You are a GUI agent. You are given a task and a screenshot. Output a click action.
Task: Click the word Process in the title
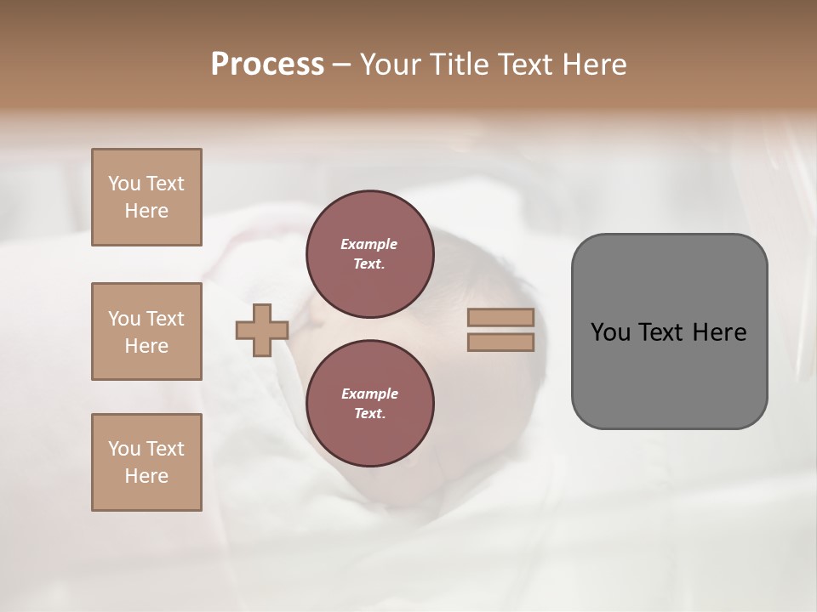tap(267, 65)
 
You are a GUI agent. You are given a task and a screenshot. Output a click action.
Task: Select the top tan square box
tap(146, 197)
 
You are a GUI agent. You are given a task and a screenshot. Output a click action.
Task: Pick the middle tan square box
tap(146, 331)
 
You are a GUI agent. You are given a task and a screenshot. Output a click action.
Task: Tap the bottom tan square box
tap(146, 462)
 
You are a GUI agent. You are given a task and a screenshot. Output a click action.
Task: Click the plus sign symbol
tap(262, 330)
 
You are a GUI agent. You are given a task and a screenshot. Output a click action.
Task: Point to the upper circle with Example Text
tap(369, 254)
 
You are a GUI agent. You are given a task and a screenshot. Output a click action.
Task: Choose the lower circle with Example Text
tap(369, 404)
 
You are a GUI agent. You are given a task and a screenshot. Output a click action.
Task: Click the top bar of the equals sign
tap(500, 317)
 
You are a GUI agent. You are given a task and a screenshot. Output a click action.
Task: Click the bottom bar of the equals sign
tap(500, 343)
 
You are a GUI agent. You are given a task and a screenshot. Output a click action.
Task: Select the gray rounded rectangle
tap(669, 331)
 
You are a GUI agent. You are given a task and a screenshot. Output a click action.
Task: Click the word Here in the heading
tap(594, 65)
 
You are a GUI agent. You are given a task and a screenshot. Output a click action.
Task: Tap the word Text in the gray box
tap(661, 332)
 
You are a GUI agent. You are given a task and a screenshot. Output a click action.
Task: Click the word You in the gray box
tap(609, 332)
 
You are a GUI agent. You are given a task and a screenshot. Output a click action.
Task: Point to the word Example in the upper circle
tap(369, 244)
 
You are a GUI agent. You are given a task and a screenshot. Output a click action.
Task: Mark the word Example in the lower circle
tap(369, 394)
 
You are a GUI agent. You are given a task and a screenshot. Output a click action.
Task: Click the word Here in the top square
tap(146, 211)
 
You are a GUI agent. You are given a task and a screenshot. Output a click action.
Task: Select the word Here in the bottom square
tap(146, 476)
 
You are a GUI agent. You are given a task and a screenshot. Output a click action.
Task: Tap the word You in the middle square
tap(124, 319)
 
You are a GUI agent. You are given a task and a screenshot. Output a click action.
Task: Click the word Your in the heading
tap(391, 65)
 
